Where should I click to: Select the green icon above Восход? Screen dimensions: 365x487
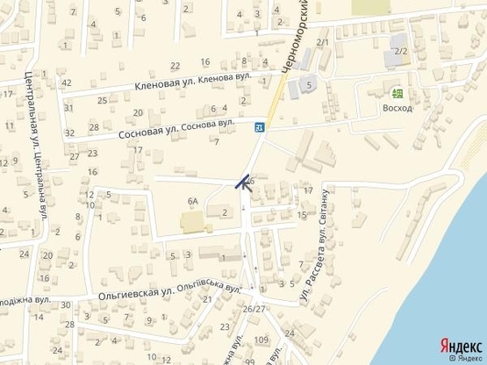point(397,93)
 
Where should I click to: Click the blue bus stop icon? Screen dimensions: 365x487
point(260,128)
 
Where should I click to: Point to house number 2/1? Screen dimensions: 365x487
point(322,42)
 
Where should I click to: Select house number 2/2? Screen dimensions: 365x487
point(401,51)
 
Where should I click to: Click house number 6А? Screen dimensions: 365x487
point(193,201)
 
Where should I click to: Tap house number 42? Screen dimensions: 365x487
point(67,82)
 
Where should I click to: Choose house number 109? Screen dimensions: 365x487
point(261,339)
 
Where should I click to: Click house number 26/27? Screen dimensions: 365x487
point(254,309)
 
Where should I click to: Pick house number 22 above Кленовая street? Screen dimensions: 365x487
point(175,66)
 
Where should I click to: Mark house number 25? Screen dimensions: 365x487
point(103,100)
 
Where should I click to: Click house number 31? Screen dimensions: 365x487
point(68,108)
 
